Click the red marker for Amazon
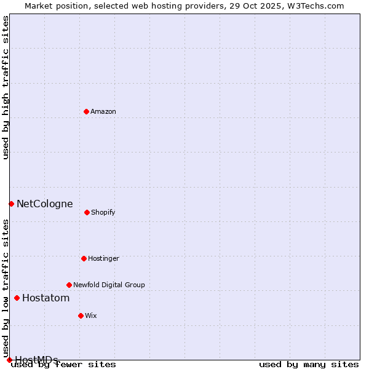(x=86, y=111)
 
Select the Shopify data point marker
(x=87, y=212)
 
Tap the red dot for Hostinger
(x=84, y=258)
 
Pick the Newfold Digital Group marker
(x=69, y=285)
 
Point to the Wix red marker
(x=81, y=315)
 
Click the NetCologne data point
(x=11, y=204)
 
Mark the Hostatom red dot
(x=17, y=298)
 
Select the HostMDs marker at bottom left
(x=9, y=360)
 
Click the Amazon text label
(x=103, y=111)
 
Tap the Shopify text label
(x=103, y=212)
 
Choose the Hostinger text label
(x=103, y=258)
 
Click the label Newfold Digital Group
(x=109, y=285)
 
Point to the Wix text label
(x=91, y=315)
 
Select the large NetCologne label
(x=45, y=204)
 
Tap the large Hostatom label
(x=46, y=298)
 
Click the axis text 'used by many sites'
(x=309, y=364)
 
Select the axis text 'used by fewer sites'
(x=64, y=364)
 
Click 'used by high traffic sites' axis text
(x=6, y=87)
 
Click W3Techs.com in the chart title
(x=314, y=6)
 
